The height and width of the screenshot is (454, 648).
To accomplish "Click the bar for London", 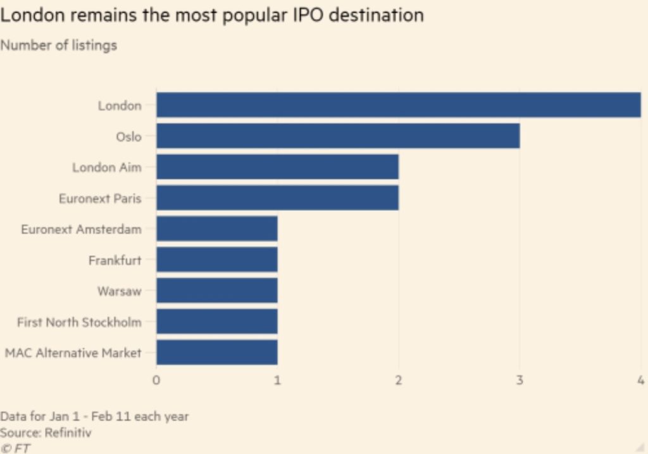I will [399, 105].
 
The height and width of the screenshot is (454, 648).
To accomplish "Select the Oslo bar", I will [338, 136].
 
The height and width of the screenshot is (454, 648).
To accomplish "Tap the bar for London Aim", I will [277, 167].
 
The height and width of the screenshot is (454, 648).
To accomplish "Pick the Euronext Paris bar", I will [277, 198].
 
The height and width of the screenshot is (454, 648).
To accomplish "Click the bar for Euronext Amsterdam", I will [217, 229].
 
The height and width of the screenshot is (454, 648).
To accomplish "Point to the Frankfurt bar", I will [217, 260].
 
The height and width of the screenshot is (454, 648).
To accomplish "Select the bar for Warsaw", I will [217, 291].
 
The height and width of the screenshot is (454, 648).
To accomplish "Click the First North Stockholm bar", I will [217, 321].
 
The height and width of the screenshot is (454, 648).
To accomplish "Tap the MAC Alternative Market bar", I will [217, 352].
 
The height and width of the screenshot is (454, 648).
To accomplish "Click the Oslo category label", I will [128, 137].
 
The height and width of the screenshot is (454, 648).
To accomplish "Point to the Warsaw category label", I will [119, 291].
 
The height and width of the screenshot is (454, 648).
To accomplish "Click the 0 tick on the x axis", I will [156, 380].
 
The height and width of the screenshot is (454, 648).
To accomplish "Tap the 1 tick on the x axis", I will [277, 380].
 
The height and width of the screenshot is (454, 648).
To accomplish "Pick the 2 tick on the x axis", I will [399, 380].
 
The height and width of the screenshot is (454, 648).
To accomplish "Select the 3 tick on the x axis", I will [520, 380].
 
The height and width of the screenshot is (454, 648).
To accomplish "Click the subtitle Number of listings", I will [58, 46].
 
